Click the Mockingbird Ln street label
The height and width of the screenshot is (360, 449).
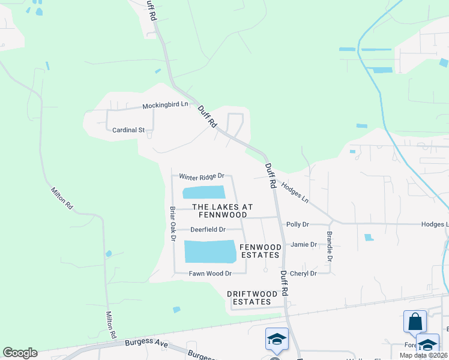click(x=165, y=105)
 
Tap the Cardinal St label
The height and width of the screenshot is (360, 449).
click(x=129, y=130)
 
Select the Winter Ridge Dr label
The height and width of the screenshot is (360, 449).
click(x=202, y=176)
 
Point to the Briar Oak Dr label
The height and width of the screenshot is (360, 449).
click(x=173, y=224)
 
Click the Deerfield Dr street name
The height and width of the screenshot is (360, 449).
click(x=208, y=229)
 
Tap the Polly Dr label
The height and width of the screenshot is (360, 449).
click(x=297, y=224)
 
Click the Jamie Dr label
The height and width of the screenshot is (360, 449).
click(x=303, y=245)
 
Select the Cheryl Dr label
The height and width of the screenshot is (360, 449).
click(x=303, y=274)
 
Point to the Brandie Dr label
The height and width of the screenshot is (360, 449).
click(x=330, y=247)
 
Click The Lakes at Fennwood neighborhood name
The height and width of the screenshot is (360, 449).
click(x=220, y=211)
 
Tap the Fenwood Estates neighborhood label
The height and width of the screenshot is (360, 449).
click(x=260, y=251)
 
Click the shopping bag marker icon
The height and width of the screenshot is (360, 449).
click(x=415, y=322)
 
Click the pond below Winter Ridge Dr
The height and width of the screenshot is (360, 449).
click(x=203, y=193)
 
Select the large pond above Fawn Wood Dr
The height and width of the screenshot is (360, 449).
click(x=210, y=251)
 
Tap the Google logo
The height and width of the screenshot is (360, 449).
click(x=20, y=353)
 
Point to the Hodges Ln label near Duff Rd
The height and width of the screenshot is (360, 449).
click(x=295, y=192)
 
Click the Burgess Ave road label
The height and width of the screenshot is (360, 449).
click(x=145, y=343)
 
